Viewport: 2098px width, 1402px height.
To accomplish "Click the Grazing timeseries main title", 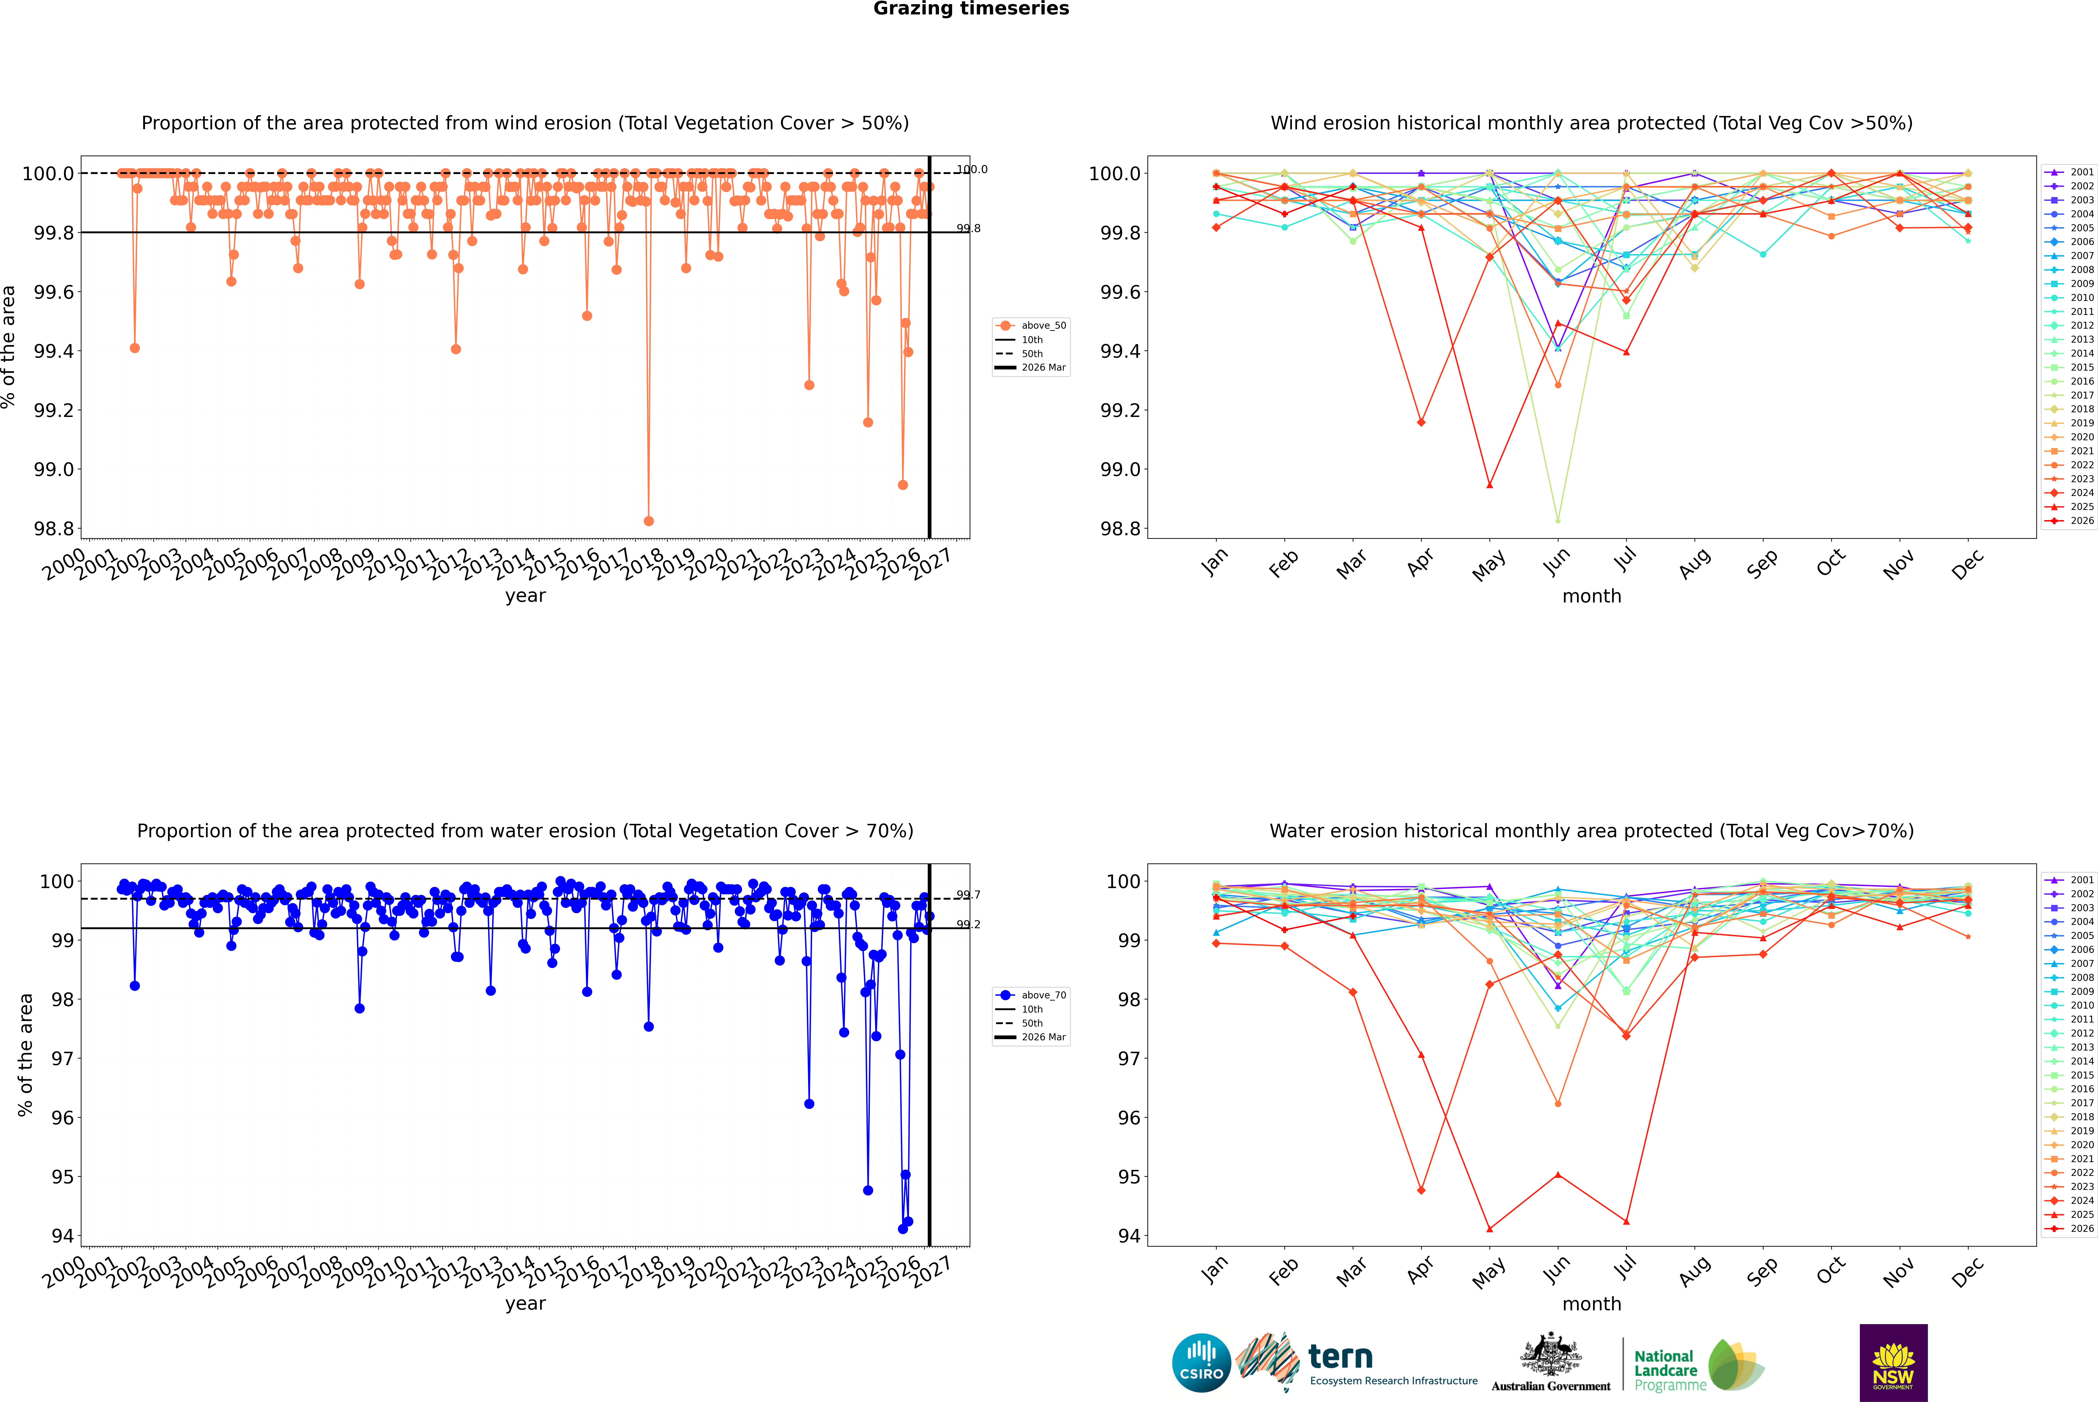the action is (x=971, y=9).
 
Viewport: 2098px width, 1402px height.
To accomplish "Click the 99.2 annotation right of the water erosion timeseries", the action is (x=969, y=924).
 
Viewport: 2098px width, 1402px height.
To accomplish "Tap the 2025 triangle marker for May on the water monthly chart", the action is (x=1489, y=1228).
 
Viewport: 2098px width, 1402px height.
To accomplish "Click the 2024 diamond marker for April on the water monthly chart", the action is (x=1421, y=1190).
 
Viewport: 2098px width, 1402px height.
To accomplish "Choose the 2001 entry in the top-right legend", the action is (x=2070, y=172).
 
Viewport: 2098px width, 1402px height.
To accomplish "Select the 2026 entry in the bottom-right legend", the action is (x=2070, y=1228).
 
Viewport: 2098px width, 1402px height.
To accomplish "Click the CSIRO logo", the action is (x=1201, y=1364).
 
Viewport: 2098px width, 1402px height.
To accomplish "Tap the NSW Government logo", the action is (x=1893, y=1363).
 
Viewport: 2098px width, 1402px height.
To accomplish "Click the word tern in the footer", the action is (x=1340, y=1357).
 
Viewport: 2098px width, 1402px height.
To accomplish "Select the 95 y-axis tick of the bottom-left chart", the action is (x=63, y=1177).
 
